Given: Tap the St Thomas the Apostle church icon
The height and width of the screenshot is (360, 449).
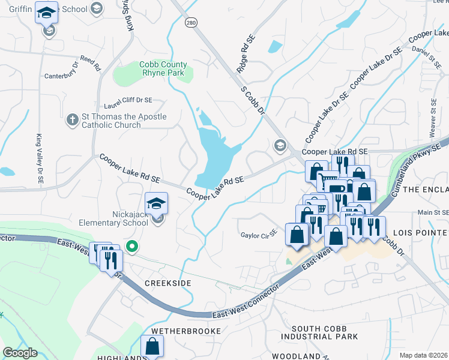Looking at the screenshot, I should point(72,118).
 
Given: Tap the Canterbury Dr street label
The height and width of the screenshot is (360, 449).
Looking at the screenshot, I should point(62,76).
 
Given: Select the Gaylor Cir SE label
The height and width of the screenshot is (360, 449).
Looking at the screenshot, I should point(258,233).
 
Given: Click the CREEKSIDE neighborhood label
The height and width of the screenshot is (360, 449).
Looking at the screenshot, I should point(167,283).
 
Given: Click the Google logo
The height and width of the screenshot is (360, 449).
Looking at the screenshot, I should point(20,352).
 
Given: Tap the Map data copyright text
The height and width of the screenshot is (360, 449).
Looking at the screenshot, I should point(423,355).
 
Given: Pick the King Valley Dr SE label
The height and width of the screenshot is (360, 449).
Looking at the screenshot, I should point(40,152).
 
